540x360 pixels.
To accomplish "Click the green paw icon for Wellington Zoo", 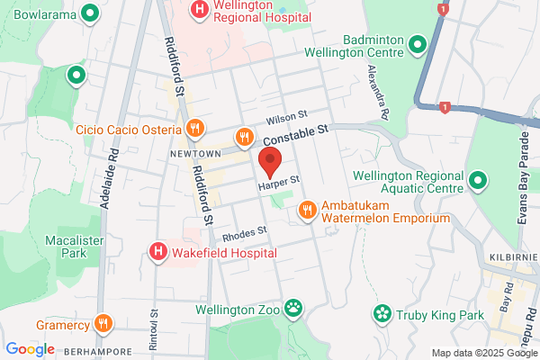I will (x=293, y=310).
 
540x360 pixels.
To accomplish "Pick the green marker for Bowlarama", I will (x=89, y=13).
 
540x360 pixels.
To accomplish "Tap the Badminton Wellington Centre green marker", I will (x=417, y=43).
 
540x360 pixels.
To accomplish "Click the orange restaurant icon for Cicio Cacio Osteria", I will (x=192, y=129).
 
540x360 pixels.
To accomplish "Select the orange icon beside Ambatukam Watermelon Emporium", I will (x=307, y=210).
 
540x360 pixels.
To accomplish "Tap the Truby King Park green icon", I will (x=382, y=314).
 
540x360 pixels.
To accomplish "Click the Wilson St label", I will (x=287, y=118).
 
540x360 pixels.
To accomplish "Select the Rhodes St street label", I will (x=245, y=234).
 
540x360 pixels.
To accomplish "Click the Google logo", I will (x=30, y=348).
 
